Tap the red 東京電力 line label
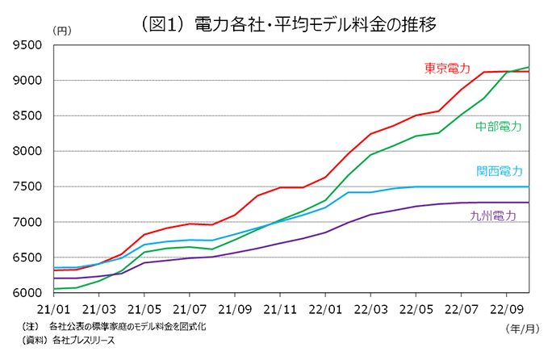coord(447,68)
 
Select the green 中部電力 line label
coord(498,127)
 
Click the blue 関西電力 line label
coord(498,171)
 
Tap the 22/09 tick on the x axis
coord(506,308)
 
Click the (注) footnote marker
coord(33,327)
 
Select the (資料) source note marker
coord(36,341)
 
